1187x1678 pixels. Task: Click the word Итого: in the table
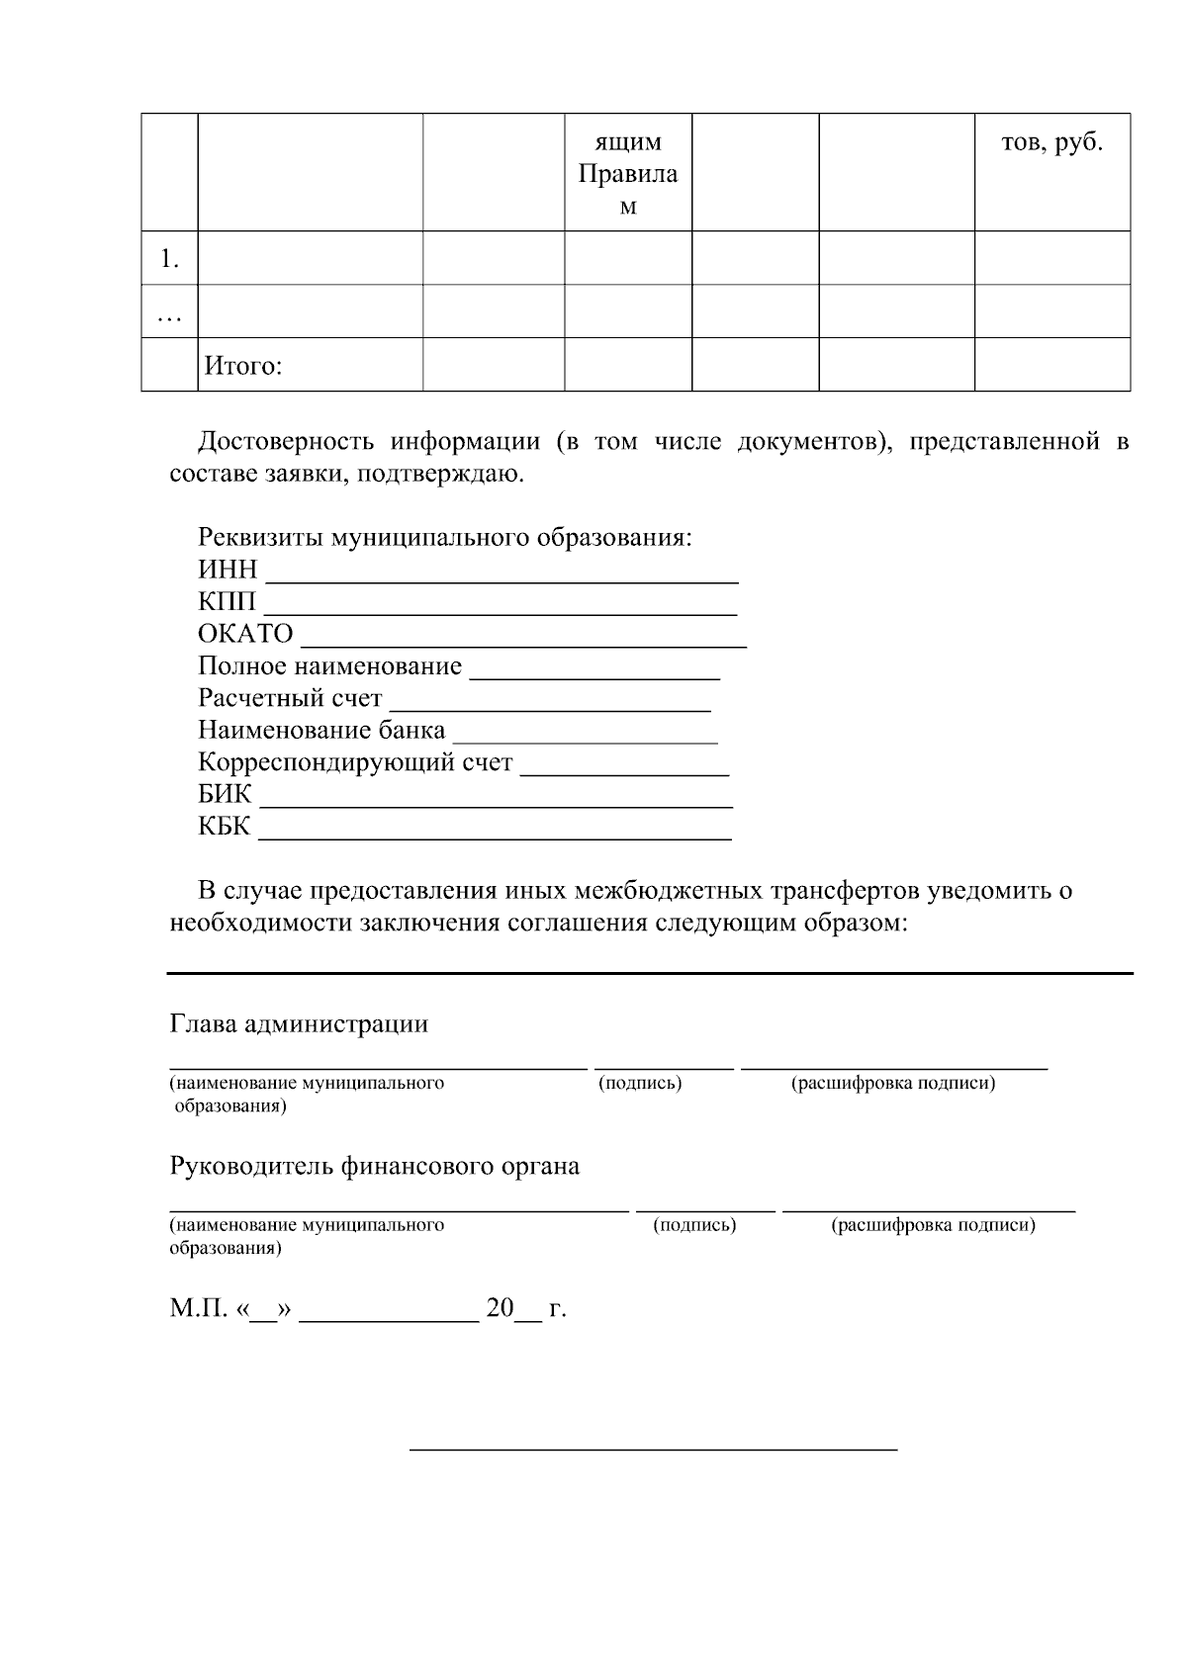tap(243, 367)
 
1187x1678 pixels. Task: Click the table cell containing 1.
tap(170, 259)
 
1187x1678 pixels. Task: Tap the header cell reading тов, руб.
tap(1051, 143)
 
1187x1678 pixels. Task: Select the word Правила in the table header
tap(628, 175)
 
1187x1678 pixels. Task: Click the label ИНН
tap(228, 571)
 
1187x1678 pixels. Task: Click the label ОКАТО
tap(246, 634)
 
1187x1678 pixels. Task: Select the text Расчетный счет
tap(290, 698)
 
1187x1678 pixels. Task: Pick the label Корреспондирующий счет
tap(356, 762)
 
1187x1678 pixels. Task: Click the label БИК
tap(226, 795)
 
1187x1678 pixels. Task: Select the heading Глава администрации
tap(299, 1023)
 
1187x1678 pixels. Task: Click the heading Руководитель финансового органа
tap(375, 1166)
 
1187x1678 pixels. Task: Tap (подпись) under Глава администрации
tap(640, 1083)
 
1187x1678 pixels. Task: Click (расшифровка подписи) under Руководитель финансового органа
tap(933, 1225)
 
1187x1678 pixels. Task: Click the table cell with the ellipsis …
tap(170, 312)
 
